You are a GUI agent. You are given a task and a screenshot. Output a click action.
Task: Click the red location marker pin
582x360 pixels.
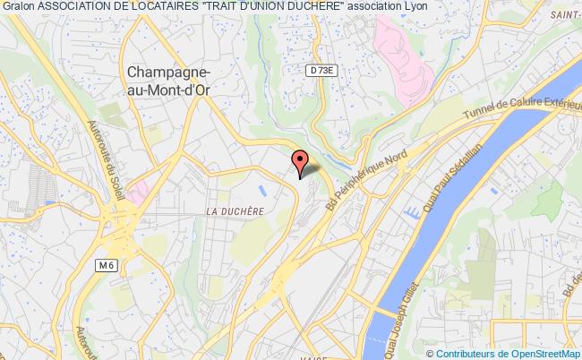point(302,161)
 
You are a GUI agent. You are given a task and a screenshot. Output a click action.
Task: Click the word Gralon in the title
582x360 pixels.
point(19,7)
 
